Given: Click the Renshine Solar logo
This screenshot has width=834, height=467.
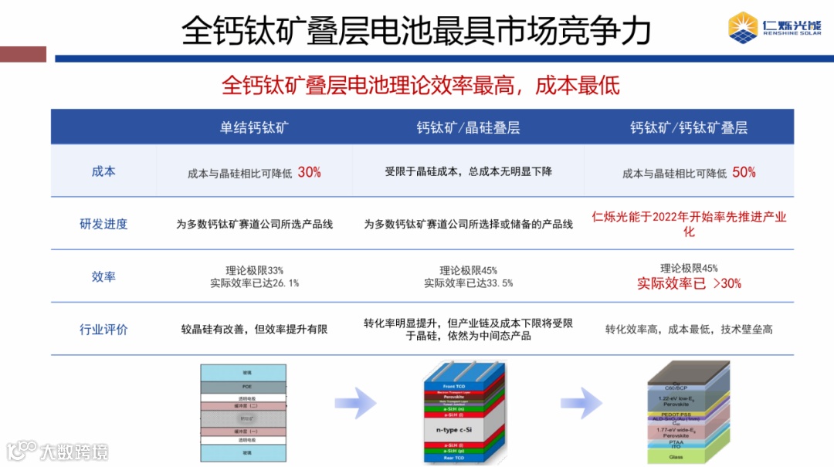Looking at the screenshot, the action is pos(775,28).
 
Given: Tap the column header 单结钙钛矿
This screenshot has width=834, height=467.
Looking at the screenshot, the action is pos(254,127).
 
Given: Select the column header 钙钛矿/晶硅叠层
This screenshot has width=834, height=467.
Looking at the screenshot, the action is pos(468,127).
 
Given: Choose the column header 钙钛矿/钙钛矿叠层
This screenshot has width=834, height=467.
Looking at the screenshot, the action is pos(689,127).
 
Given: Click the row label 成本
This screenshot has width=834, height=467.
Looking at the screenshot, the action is pos(103,171).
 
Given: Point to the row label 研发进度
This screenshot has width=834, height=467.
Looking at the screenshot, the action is pos(103,224).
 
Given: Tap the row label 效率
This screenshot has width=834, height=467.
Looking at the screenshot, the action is pos(103,276).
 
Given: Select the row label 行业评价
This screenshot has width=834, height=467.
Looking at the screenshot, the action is pos(103,330).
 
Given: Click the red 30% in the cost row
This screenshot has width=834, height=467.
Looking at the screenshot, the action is pos(309,172).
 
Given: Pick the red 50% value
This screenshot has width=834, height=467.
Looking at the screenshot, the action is pos(744,172).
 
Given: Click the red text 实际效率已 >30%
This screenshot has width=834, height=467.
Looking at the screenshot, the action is pos(689,283).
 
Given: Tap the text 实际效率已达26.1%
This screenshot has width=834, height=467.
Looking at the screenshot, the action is pos(254,283).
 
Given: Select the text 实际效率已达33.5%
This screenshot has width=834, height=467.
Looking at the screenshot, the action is pos(468,283).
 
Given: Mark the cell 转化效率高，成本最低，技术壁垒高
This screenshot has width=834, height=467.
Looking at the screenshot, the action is pos(689,330).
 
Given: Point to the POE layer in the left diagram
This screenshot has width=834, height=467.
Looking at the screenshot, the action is pos(243,387).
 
